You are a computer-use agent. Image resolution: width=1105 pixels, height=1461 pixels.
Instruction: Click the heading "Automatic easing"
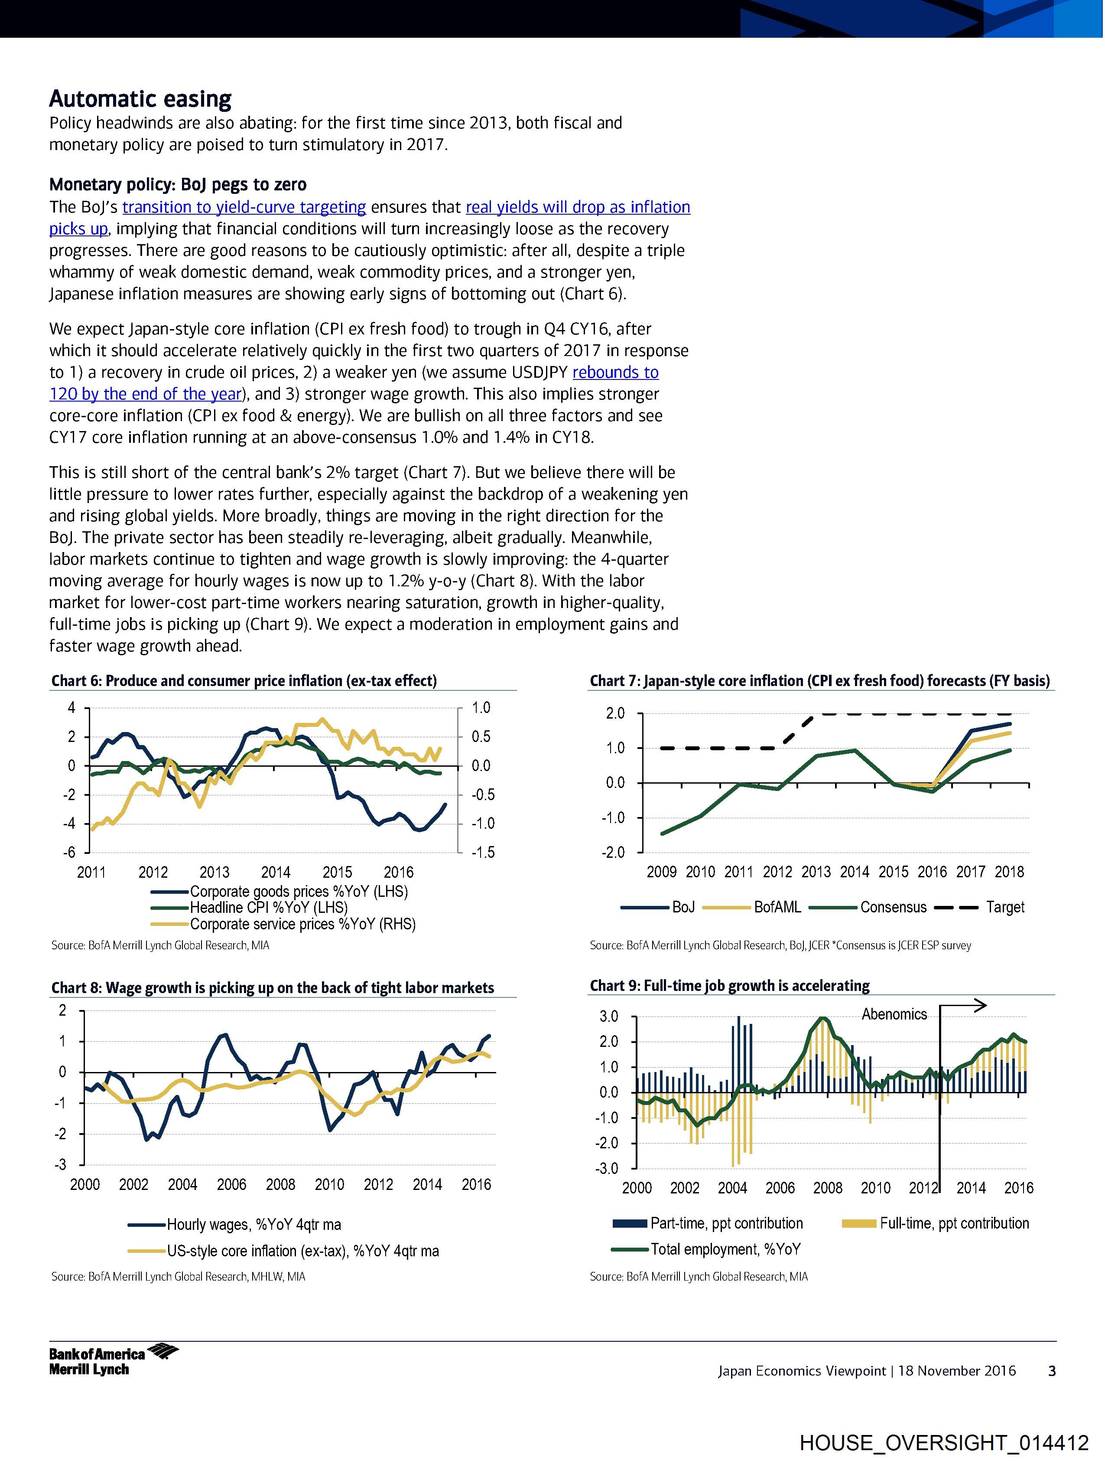[x=140, y=99]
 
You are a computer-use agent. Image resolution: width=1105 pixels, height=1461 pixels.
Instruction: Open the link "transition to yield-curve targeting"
[x=244, y=207]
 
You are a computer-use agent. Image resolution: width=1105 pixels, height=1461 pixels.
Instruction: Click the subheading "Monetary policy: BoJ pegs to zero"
[x=178, y=184]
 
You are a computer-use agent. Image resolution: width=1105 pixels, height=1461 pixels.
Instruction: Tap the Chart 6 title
[x=244, y=681]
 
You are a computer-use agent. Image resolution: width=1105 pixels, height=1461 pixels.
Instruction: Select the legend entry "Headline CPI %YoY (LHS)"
[x=268, y=908]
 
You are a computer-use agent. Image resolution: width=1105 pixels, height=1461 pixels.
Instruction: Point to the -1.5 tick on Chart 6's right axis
[x=482, y=853]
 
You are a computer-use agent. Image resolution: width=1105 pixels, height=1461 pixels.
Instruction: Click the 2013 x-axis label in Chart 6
[x=214, y=873]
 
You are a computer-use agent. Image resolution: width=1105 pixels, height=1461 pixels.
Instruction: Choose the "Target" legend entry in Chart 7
[x=1004, y=908]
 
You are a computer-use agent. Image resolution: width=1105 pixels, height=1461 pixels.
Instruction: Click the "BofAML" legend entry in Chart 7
[x=777, y=908]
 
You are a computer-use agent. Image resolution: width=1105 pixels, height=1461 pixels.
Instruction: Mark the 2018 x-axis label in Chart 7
[x=1009, y=873]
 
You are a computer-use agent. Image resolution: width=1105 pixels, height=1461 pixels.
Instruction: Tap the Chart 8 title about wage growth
[x=273, y=988]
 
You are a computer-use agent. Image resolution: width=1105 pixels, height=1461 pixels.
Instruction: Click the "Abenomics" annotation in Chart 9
[x=894, y=1014]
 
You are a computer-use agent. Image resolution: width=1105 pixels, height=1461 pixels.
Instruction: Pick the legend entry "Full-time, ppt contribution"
[x=954, y=1223]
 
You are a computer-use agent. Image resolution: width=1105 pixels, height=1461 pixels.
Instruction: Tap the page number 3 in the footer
[x=1052, y=1371]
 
